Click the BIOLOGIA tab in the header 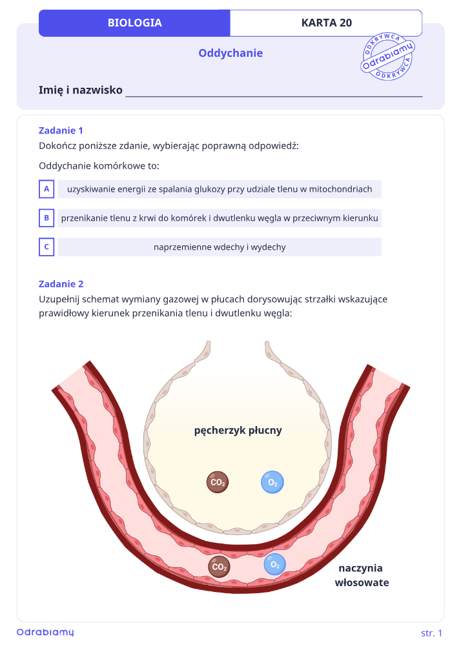(x=134, y=23)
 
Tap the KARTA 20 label (x=327, y=23)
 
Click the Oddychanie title (x=230, y=53)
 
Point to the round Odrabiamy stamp (x=387, y=56)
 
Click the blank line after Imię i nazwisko (x=274, y=96)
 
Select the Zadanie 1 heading (x=61, y=130)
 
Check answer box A (x=46, y=188)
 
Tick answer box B (x=46, y=218)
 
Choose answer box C (x=46, y=247)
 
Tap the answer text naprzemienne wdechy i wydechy (x=220, y=247)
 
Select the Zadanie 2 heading (x=61, y=284)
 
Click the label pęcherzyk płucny (x=238, y=431)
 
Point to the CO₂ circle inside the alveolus (x=218, y=482)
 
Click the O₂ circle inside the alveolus (x=272, y=482)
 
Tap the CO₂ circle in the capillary (x=219, y=566)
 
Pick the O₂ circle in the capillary (x=274, y=564)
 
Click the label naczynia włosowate (x=362, y=575)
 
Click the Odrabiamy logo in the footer (x=45, y=632)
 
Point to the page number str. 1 (x=431, y=633)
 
